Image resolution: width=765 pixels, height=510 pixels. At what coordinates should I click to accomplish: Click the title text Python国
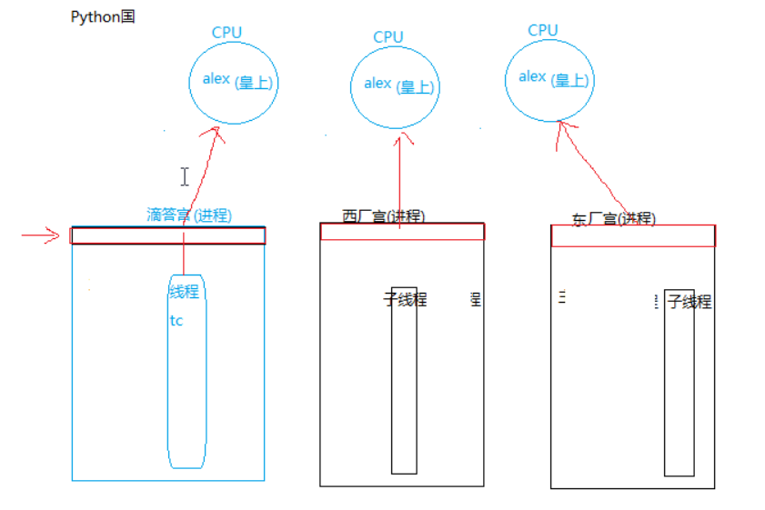pos(103,17)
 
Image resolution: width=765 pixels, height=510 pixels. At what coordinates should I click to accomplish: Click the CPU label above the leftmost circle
pos(226,33)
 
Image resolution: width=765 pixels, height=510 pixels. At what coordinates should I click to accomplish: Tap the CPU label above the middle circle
pos(388,37)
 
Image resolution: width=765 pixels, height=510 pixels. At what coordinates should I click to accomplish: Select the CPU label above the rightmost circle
pos(542,30)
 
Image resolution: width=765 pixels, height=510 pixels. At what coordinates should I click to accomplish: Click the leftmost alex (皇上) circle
pos(232,81)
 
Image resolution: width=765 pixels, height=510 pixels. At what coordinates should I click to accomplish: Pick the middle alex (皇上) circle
pos(394,85)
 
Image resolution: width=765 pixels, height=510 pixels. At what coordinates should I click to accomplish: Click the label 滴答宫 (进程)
pos(189,215)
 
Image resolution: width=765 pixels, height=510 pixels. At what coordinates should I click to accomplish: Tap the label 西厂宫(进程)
pos(383,216)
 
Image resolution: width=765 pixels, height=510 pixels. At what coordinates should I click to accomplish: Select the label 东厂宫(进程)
pos(613,219)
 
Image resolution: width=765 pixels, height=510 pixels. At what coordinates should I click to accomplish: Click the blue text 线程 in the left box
pos(184,292)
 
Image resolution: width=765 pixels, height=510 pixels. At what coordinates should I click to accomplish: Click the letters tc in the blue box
pos(176,320)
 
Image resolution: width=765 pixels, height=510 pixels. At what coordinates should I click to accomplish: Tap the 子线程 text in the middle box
pos(405,299)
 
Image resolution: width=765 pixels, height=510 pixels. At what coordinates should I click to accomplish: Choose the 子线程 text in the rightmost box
pos(690,302)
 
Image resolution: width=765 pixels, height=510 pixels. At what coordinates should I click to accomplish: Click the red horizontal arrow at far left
pos(40,236)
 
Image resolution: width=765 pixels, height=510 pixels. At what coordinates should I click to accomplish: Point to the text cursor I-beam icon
pos(185,176)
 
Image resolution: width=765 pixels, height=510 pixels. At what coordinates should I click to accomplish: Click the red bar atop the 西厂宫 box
pos(402,232)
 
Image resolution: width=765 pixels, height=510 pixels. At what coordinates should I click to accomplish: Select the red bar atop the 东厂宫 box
pos(633,235)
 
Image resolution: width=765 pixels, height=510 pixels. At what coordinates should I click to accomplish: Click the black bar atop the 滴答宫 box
pos(168,235)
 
